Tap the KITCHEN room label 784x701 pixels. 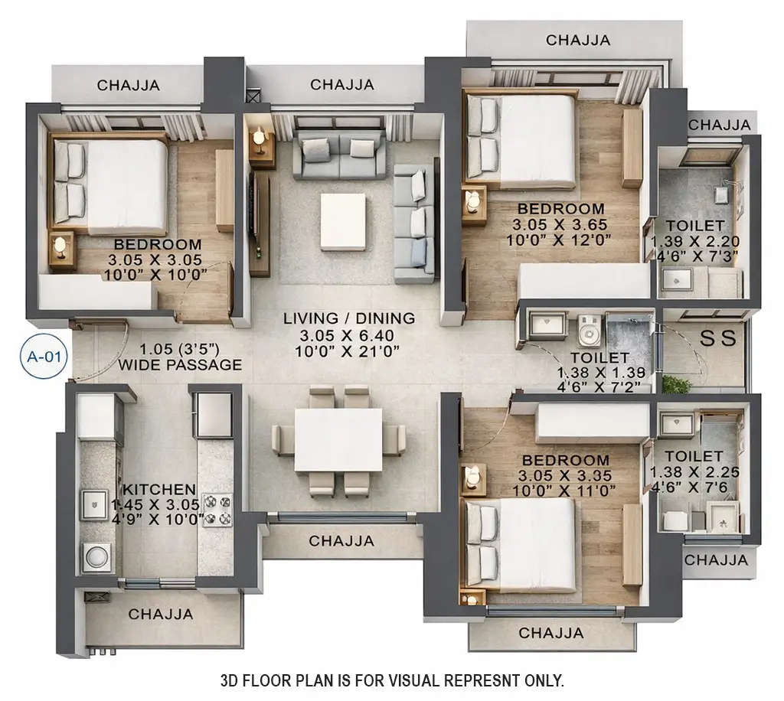160,489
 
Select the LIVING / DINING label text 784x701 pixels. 348,318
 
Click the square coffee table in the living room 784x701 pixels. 342,221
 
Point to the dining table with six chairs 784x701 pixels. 338,440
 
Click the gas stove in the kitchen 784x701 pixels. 217,509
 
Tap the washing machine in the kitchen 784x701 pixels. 98,556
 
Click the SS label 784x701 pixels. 718,337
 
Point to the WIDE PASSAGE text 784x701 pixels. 180,365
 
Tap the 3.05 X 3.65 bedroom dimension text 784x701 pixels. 560,224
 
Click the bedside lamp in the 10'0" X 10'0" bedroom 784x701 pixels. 60,246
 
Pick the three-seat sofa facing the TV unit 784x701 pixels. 413,222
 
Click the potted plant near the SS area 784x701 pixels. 676,383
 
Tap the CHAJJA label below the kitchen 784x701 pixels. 160,614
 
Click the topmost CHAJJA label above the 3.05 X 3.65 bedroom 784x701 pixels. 578,40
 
